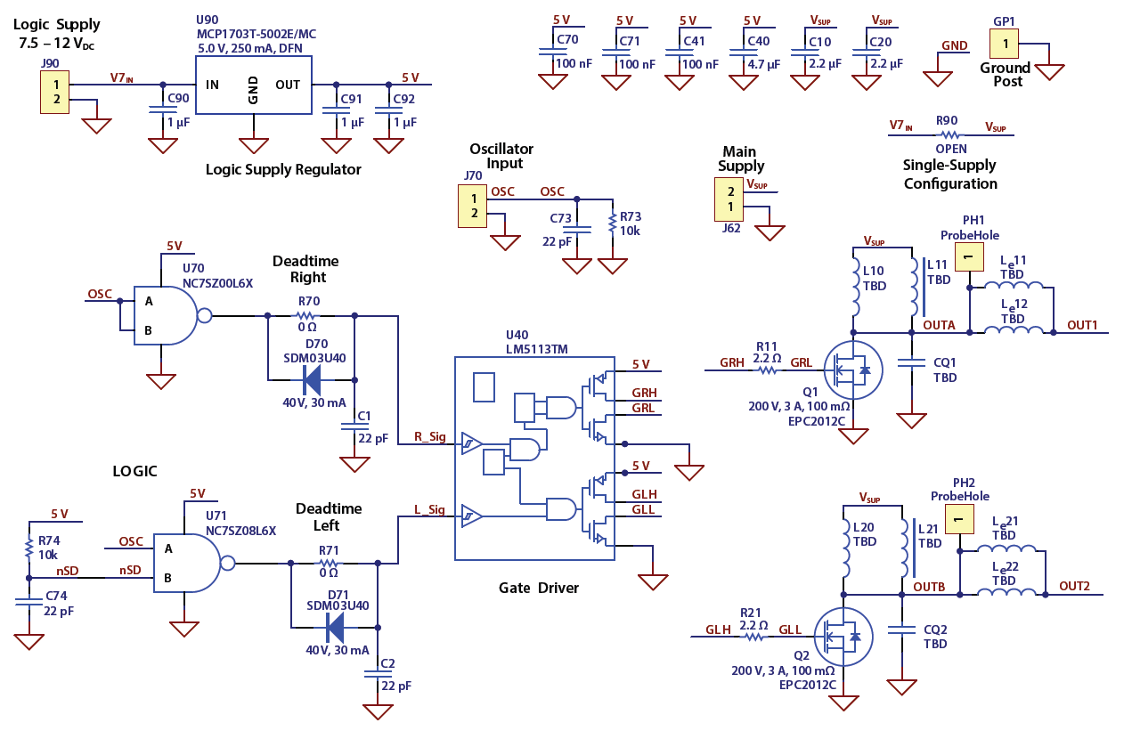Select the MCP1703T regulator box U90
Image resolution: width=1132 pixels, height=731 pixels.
(x=253, y=85)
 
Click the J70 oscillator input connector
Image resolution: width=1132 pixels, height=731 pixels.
(x=473, y=206)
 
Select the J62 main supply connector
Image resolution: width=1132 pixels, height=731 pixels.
(x=730, y=199)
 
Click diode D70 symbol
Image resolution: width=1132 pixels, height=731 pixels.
(x=312, y=380)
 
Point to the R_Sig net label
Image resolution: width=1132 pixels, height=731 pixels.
(x=429, y=436)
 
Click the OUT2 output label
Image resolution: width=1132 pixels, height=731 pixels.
(x=1074, y=586)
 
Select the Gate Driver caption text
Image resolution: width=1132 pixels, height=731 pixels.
(x=538, y=588)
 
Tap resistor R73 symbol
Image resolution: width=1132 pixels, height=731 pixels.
(x=612, y=223)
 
